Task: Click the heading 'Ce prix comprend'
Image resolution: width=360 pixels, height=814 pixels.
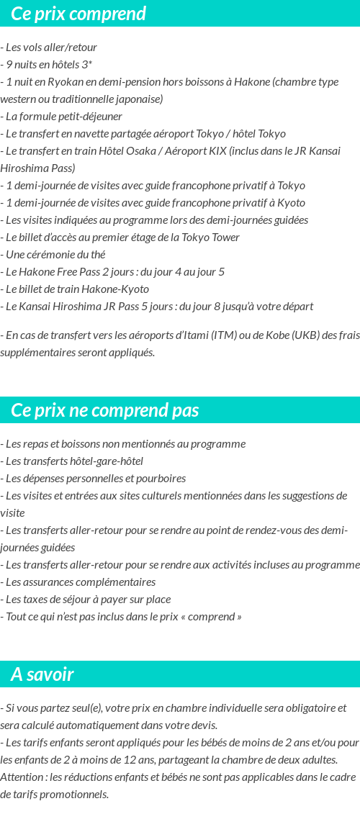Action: [x=78, y=14]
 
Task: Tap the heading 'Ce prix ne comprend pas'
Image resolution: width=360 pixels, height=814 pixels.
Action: [x=105, y=410]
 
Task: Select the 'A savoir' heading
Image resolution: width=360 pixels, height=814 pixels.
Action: [x=42, y=674]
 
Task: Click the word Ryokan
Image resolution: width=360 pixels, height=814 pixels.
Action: [x=64, y=82]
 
